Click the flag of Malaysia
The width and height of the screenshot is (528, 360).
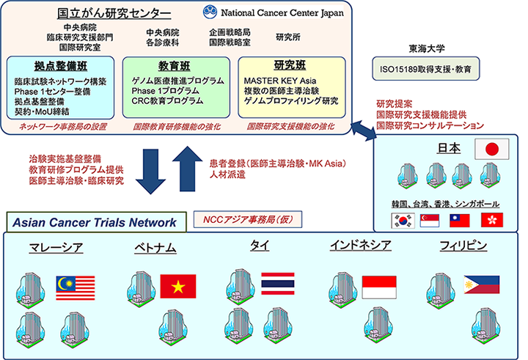tap(75, 282)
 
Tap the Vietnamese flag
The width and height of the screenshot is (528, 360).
tap(178, 285)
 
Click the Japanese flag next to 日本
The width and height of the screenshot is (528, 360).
tap(491, 150)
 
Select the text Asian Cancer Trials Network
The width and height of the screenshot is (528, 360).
tap(92, 222)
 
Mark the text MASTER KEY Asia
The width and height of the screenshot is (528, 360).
tap(280, 81)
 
